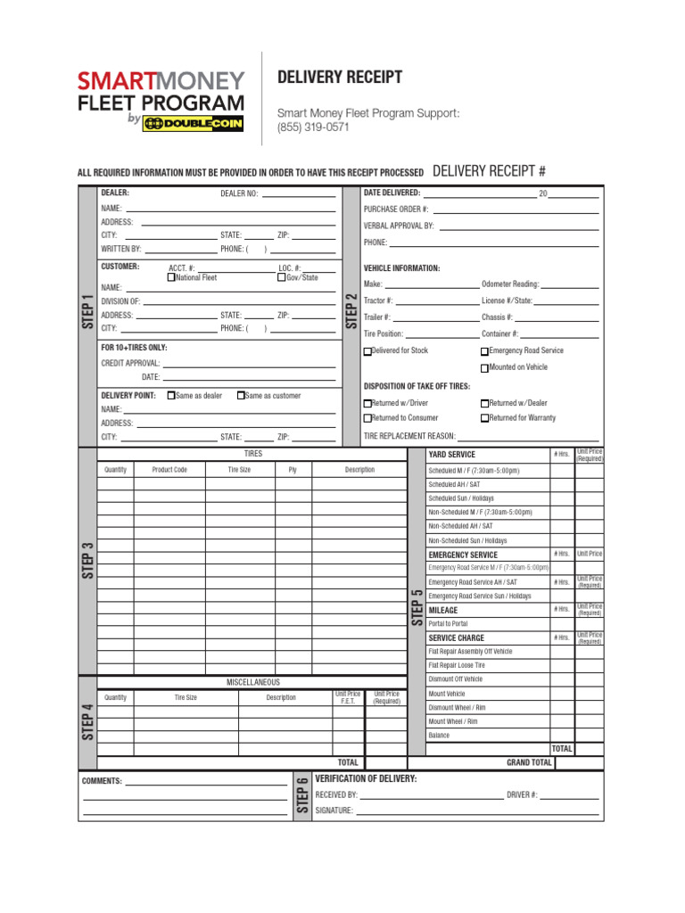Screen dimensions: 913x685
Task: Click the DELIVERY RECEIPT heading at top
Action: (x=340, y=78)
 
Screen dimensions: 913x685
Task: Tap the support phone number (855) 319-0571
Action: (x=313, y=127)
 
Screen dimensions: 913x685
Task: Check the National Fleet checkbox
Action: (x=172, y=277)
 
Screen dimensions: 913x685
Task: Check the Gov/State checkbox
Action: (x=282, y=277)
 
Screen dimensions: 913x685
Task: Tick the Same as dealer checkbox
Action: (x=171, y=395)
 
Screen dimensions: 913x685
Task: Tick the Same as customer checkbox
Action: (x=241, y=395)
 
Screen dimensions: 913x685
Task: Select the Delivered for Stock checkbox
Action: (x=367, y=351)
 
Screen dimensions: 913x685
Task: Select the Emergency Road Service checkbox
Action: (x=485, y=351)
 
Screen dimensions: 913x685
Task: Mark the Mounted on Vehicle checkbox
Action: (x=485, y=367)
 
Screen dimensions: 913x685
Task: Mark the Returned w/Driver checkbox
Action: (x=367, y=404)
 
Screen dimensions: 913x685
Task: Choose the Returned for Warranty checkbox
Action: (x=485, y=418)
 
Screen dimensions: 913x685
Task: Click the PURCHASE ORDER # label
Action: (x=396, y=209)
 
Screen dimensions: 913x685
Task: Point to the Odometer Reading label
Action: (x=510, y=284)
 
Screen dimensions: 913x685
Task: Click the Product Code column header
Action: (x=169, y=470)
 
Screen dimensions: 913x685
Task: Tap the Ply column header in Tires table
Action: (x=293, y=470)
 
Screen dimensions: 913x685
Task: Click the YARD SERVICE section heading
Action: (x=452, y=455)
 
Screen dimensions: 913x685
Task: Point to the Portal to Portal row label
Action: (x=448, y=624)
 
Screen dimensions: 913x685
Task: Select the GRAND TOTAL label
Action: (x=529, y=763)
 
